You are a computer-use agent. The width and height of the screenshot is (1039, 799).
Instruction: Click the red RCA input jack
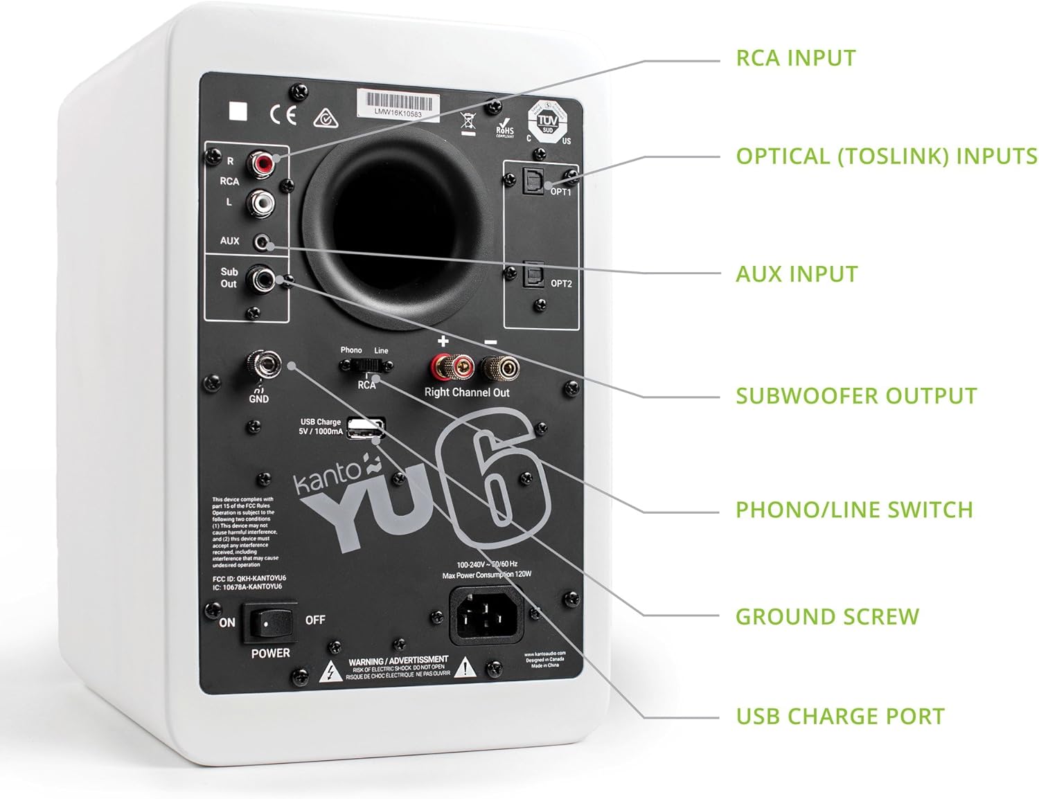pos(263,164)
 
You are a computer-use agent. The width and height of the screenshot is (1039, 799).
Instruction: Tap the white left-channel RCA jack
pos(263,203)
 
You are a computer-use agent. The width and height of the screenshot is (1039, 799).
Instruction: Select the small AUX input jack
pos(263,242)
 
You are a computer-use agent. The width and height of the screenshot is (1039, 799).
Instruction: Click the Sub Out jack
pos(264,279)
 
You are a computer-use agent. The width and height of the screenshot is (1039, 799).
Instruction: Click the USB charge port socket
pos(364,429)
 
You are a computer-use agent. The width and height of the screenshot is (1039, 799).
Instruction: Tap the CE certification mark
pos(283,114)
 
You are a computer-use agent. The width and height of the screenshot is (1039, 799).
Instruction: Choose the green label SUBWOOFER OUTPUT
pos(856,396)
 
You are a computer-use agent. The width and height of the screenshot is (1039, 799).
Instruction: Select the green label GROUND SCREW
pos(827,616)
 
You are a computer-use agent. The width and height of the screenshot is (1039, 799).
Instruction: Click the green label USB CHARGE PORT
pos(840,716)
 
